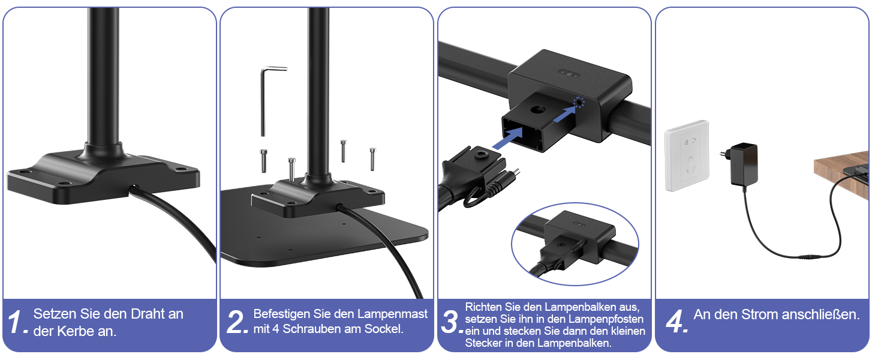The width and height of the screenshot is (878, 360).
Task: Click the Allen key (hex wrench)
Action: coord(263,101)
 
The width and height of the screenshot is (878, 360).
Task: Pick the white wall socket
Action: coord(687,155)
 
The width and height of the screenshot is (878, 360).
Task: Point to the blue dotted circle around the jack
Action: coord(579,103)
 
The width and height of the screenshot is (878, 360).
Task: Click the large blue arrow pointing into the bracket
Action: coord(508,138)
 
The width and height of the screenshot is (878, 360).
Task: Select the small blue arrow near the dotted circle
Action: coord(564,114)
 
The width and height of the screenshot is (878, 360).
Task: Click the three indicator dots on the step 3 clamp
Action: coord(567,73)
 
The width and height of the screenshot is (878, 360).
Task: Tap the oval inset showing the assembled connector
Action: coord(575,244)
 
